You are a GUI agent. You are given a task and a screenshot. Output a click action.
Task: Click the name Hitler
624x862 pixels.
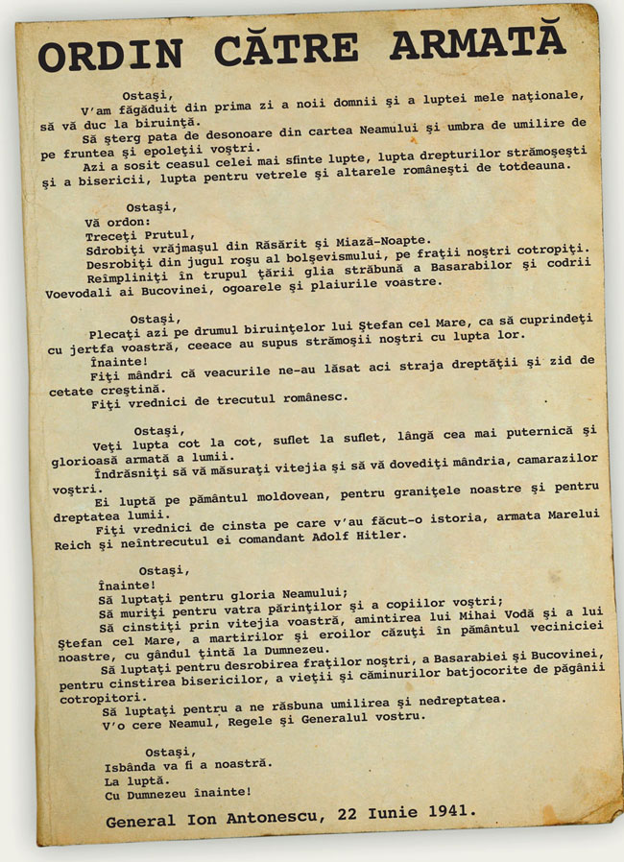coord(382,534)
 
